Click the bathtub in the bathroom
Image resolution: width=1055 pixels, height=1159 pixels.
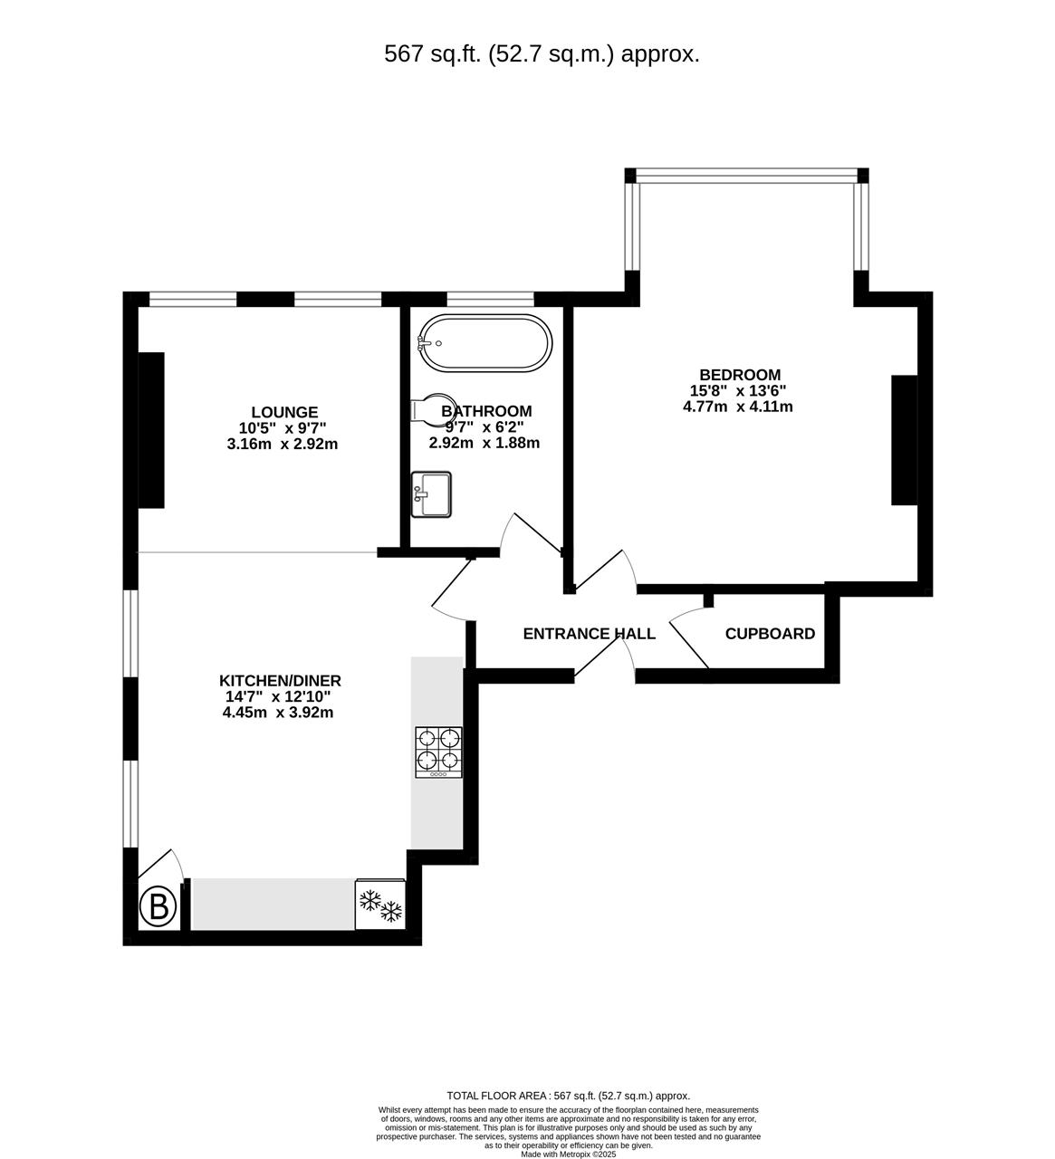[484, 343]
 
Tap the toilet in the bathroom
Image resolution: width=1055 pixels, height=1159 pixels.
[429, 409]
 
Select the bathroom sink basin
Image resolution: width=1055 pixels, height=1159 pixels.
[431, 494]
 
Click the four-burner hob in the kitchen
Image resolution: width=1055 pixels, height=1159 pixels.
[438, 752]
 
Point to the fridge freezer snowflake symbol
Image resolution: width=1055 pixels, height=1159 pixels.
[380, 905]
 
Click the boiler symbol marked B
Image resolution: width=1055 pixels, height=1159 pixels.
[158, 906]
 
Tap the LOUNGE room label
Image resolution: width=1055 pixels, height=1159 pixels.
[284, 412]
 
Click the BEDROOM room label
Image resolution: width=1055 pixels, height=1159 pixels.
[739, 375]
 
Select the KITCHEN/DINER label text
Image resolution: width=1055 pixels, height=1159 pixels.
[280, 681]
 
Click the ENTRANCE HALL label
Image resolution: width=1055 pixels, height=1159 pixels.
[589, 634]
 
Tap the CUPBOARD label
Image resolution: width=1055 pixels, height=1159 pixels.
[770, 634]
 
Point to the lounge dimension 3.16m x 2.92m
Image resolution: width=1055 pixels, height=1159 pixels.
[283, 444]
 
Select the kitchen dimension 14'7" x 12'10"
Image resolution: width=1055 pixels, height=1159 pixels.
[279, 697]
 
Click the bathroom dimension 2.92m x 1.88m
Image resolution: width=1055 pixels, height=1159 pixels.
[484, 443]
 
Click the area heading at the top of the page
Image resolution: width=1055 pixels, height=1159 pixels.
[542, 54]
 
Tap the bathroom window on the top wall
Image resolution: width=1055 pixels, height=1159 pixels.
[490, 299]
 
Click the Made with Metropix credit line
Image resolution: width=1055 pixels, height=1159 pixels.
[568, 1154]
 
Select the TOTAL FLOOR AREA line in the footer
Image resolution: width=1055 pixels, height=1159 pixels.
[568, 1096]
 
